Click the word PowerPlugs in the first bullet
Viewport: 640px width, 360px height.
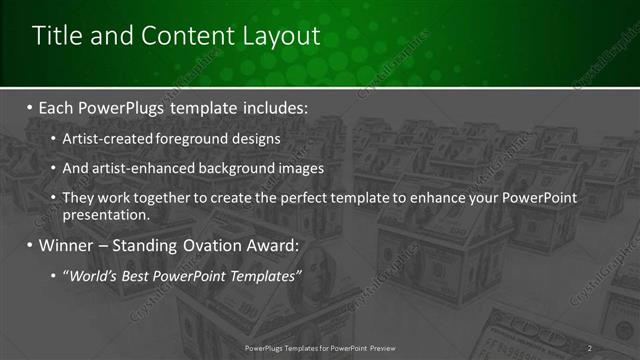point(126,106)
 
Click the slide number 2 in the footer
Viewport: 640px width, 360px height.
point(590,348)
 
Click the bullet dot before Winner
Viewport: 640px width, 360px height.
point(30,246)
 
